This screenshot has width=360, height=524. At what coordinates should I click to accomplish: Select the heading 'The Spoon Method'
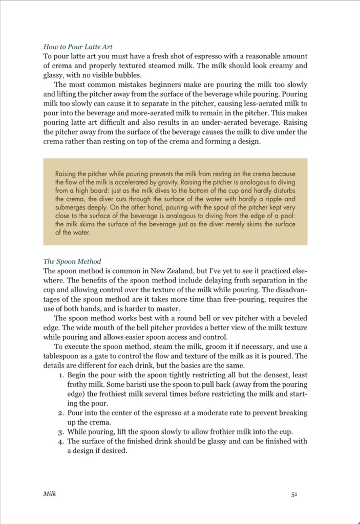(72, 261)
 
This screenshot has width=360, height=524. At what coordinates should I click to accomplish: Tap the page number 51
(294, 494)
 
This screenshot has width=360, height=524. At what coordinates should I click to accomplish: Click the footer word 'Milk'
(50, 494)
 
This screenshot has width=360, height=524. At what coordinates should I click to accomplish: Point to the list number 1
(60, 375)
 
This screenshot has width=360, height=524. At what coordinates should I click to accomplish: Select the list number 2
(60, 412)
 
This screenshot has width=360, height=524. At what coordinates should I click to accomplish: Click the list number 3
(60, 431)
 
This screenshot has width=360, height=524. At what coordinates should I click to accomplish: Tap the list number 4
(60, 441)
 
